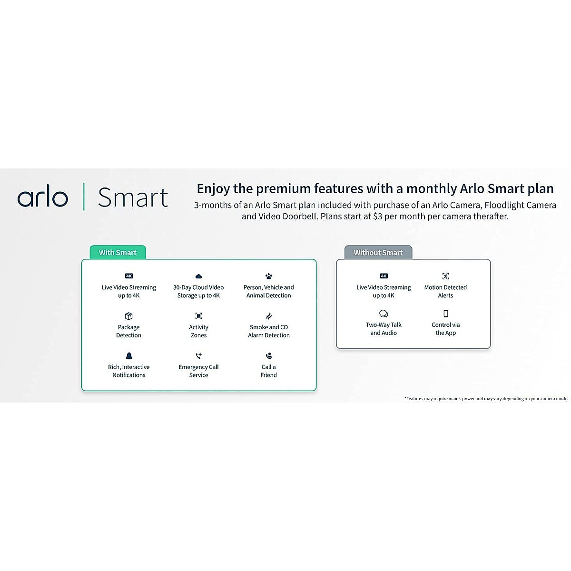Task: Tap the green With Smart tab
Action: [x=118, y=253]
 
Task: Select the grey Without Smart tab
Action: [x=378, y=253]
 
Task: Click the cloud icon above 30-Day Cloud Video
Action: [x=198, y=276]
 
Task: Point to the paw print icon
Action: [x=269, y=276]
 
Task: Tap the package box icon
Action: [x=128, y=316]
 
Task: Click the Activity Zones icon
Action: [x=198, y=316]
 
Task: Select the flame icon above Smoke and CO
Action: [x=269, y=316]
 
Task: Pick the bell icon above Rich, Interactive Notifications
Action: [x=129, y=356]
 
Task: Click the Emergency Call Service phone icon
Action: [x=198, y=356]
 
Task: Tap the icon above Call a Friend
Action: [x=269, y=356]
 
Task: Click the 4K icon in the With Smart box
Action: [x=129, y=276]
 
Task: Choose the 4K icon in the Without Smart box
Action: [x=384, y=276]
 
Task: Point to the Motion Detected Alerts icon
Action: [x=445, y=276]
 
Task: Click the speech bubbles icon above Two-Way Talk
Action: [x=384, y=314]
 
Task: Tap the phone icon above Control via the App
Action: [x=445, y=314]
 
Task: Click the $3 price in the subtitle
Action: [x=377, y=217]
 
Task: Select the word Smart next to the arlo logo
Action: [x=133, y=198]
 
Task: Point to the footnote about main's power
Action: [x=486, y=399]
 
